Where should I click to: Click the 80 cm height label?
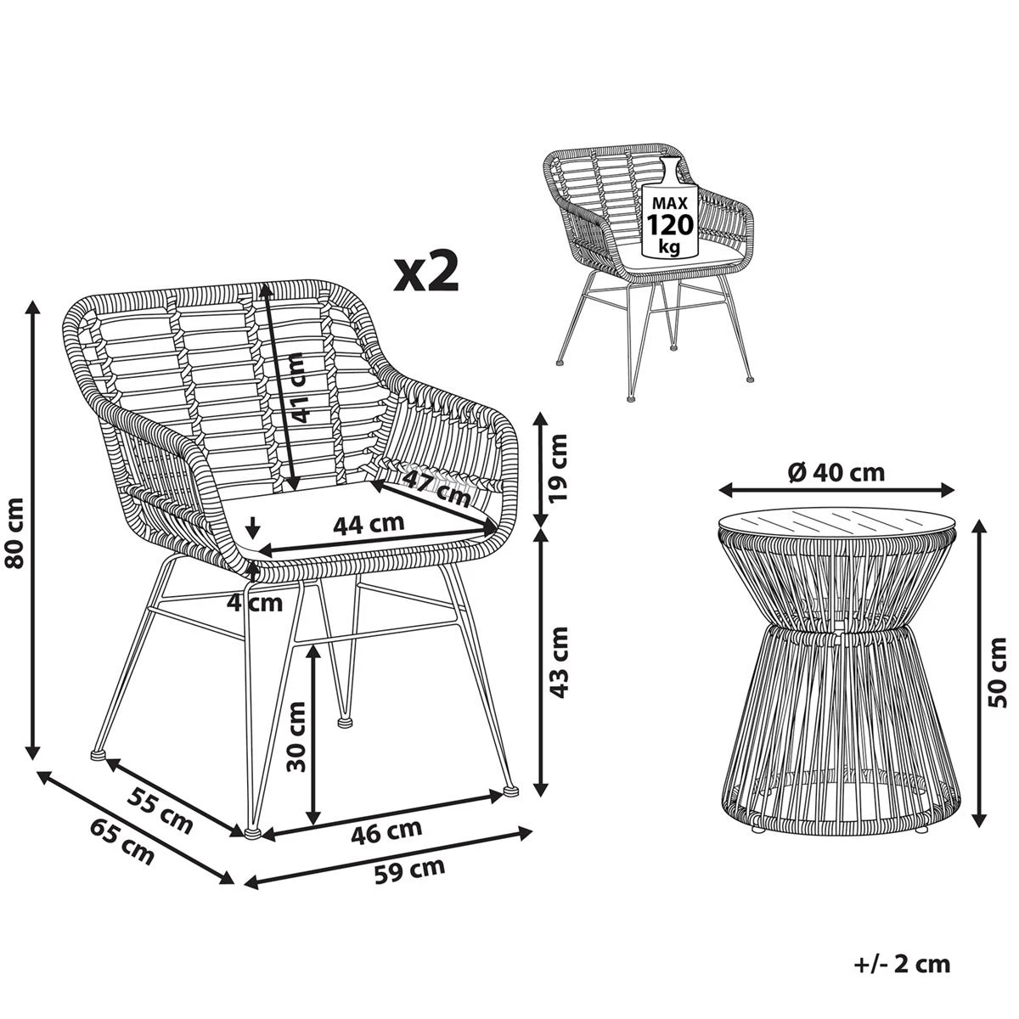click(x=15, y=532)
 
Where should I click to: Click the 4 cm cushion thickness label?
click(x=255, y=602)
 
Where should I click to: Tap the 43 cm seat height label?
click(x=557, y=662)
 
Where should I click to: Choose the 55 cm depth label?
click(x=160, y=809)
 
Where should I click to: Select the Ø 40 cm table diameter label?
click(x=836, y=472)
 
